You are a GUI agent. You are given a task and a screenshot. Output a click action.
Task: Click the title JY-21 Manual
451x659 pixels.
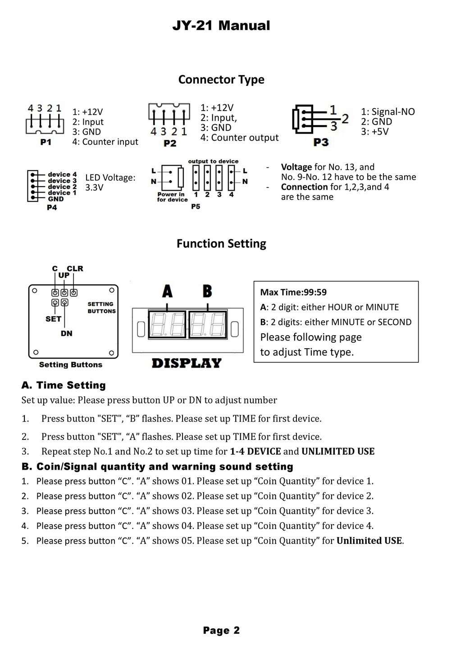221,26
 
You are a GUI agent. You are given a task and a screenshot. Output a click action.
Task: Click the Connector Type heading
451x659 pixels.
221,80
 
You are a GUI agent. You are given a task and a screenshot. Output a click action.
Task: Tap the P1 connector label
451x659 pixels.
45,142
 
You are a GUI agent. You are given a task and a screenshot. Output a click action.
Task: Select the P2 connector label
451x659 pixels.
169,143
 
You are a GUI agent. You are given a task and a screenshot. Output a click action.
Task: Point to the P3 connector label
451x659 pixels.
321,142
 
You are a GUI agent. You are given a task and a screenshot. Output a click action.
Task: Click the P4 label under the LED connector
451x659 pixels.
52,208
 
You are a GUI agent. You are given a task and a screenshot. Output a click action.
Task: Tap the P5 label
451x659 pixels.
195,206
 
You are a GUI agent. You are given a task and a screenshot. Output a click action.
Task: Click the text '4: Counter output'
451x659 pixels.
239,138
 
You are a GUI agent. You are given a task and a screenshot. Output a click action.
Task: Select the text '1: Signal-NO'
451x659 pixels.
388,112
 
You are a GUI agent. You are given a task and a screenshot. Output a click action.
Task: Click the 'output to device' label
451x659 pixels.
213,161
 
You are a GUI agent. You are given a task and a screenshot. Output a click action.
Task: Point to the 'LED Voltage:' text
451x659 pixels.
110,178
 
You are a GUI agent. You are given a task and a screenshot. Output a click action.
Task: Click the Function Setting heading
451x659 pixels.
221,244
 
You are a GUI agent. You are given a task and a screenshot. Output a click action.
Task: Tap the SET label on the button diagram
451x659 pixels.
53,319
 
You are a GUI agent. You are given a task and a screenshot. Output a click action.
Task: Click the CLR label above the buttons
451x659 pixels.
75,269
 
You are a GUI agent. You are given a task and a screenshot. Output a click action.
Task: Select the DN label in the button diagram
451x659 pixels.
66,333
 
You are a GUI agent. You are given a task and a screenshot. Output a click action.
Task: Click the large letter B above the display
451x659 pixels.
207,291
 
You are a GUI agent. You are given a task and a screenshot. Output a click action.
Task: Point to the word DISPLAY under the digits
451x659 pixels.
187,363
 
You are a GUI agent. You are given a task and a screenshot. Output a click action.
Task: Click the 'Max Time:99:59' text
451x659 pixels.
293,292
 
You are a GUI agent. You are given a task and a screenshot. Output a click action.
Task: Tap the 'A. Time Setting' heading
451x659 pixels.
64,385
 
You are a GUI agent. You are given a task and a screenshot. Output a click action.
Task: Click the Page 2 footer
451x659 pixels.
221,631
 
